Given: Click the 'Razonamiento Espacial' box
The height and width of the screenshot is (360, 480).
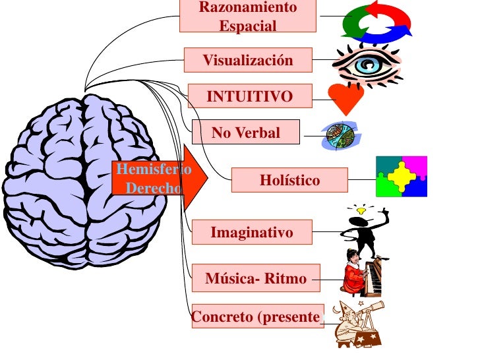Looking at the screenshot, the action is pos(248,16).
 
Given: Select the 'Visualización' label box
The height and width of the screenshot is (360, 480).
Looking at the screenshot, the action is pos(247,61).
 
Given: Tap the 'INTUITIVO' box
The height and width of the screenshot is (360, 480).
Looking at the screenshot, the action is pos(250,97).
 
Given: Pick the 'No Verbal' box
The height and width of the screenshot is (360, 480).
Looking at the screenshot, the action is pos(245,133).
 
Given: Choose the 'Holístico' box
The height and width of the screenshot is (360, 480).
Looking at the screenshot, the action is pos(289,180).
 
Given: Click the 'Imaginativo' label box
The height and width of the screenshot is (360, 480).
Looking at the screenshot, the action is pos(251,232).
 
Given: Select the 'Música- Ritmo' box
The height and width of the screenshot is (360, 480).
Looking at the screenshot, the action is pos(256,278).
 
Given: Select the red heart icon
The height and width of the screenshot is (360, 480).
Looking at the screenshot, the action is pos(345,99).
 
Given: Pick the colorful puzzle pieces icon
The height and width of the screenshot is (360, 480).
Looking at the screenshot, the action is pos(401,177).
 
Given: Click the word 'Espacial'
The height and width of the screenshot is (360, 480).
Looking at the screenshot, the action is pos(248,26).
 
